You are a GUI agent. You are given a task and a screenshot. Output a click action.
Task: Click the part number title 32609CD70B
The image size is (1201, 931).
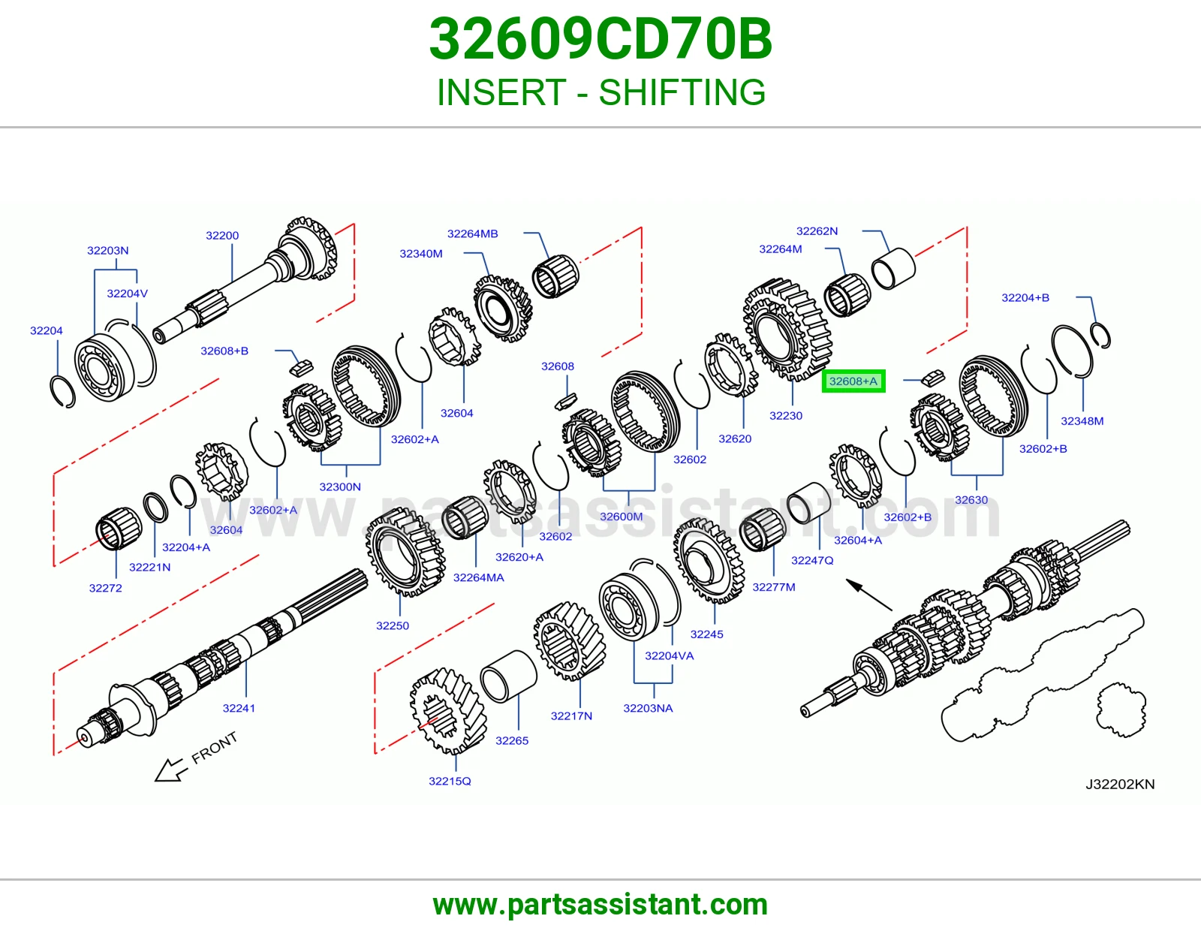(x=600, y=39)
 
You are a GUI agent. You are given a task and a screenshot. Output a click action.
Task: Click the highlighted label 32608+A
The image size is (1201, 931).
(x=853, y=381)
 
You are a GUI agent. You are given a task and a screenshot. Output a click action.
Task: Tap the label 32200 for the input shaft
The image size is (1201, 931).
(x=222, y=236)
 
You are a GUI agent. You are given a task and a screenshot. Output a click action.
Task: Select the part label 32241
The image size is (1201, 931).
(x=239, y=708)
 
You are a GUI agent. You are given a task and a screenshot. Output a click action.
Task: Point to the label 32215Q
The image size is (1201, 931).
(x=450, y=781)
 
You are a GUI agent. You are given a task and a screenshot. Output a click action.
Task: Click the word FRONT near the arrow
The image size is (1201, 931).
(x=215, y=748)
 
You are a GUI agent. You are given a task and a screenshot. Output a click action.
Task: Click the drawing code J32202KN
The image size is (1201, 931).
(x=1120, y=784)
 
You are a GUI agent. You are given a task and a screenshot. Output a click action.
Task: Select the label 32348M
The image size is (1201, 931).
(x=1082, y=420)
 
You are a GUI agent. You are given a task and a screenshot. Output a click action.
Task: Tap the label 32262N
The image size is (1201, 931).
(x=817, y=231)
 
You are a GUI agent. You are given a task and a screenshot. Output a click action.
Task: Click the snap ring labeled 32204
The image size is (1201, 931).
(x=62, y=391)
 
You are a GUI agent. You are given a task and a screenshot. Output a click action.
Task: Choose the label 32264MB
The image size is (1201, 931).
(x=473, y=234)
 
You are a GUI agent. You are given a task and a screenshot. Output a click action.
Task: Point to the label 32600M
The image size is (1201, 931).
(x=622, y=517)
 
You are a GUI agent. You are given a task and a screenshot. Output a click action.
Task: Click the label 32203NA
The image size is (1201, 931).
(x=648, y=708)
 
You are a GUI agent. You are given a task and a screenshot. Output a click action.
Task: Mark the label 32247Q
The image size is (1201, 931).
(x=812, y=560)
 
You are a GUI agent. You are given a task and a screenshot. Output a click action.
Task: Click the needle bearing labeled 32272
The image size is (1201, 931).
(x=119, y=529)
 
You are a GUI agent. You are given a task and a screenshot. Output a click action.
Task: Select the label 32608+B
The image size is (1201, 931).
(x=224, y=351)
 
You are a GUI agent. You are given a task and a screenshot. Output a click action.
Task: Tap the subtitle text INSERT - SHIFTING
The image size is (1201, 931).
(x=600, y=92)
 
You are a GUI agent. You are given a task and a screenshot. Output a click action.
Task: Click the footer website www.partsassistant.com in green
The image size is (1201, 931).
(x=600, y=905)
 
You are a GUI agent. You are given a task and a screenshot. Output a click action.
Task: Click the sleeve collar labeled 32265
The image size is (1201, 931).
(x=508, y=676)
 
